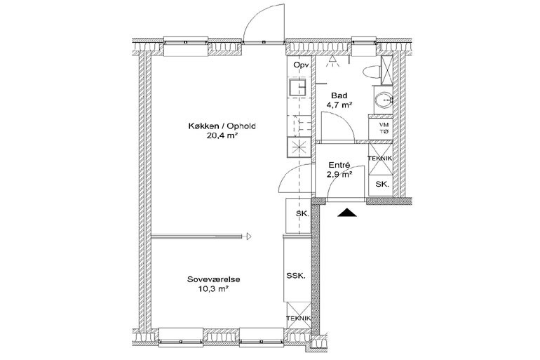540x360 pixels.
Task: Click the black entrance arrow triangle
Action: (347, 213)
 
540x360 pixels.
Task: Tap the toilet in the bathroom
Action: (372, 72)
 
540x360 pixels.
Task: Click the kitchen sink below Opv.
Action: (298, 87)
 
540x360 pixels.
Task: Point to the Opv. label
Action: (302, 65)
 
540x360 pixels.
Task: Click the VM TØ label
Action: (384, 128)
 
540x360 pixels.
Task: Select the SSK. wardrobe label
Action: (296, 276)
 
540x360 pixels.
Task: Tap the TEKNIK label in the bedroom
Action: (299, 319)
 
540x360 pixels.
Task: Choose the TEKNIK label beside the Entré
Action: (380, 159)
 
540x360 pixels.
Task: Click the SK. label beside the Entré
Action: (382, 185)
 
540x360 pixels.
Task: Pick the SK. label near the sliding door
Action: (303, 213)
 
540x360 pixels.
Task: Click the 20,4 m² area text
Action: (222, 135)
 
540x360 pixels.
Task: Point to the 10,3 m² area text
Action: (213, 288)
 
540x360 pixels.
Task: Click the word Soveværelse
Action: (213, 279)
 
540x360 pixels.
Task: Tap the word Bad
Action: (339, 95)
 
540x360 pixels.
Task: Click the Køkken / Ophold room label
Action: (222, 126)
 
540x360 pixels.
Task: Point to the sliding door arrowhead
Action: (249, 236)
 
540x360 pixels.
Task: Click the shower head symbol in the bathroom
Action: (332, 61)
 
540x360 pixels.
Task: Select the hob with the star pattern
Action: (299, 147)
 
